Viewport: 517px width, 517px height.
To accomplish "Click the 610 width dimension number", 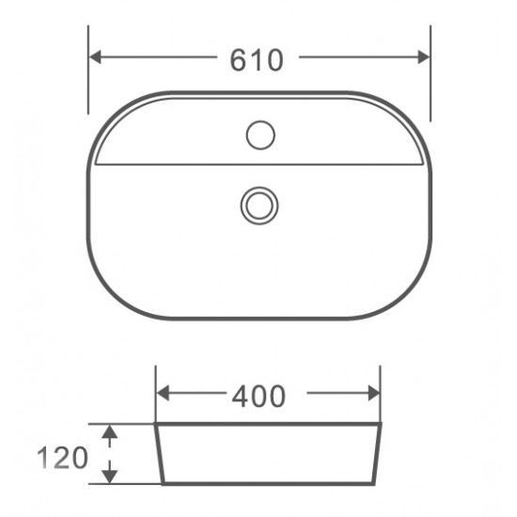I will click(257, 59).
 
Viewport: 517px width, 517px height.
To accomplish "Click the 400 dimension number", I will click(258, 396).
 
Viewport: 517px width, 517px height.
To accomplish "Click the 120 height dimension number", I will click(63, 458).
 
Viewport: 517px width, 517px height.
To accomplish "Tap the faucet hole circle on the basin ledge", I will click(260, 136).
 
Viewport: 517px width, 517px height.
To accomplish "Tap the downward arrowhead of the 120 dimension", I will click(110, 476).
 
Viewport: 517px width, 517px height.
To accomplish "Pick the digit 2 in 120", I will click(63, 458).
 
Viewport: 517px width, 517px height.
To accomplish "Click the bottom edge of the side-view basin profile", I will click(268, 484).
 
